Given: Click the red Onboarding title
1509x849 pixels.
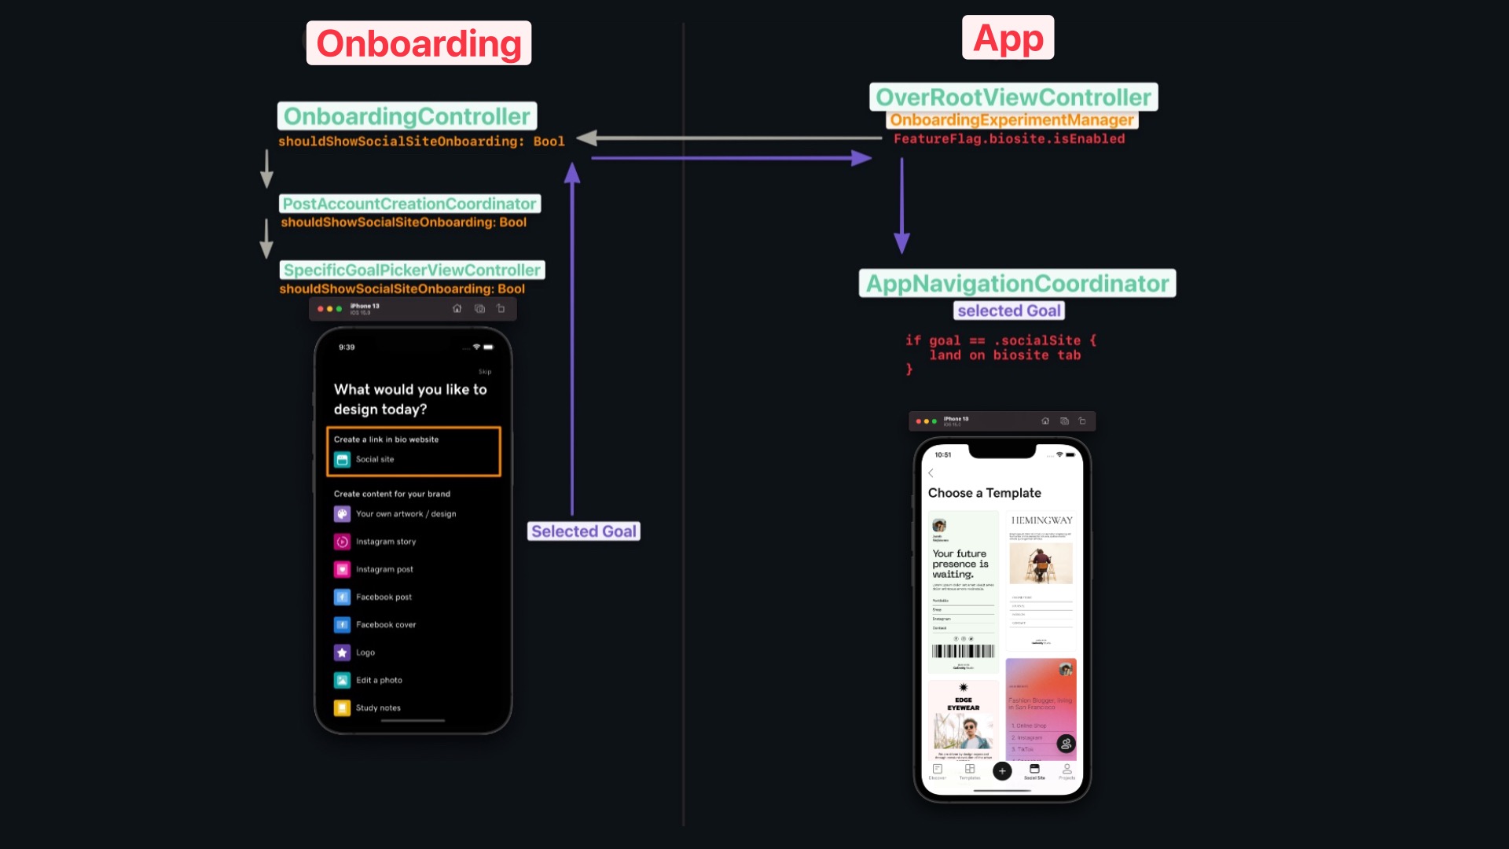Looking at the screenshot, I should point(418,43).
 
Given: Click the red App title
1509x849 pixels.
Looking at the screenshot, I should point(1008,38).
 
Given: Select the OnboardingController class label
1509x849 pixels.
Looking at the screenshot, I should point(406,116).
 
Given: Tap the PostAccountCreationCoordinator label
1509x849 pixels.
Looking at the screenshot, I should point(409,204).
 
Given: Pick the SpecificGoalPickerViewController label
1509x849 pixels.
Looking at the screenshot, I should point(412,270).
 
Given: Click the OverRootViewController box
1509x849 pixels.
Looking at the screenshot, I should point(1013,97).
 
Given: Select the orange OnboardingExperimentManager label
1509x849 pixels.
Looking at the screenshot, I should point(1012,119).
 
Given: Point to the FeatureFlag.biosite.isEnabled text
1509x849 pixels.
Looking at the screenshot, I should point(1008,139).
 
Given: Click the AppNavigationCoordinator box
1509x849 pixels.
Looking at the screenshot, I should point(1017,283).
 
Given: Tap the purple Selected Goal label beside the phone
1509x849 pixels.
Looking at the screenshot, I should point(583,531).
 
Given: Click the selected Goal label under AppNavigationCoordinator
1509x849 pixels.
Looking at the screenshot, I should point(1008,311).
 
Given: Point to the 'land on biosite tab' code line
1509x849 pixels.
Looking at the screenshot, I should point(1004,355).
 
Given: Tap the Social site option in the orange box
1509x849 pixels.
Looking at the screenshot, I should point(374,459).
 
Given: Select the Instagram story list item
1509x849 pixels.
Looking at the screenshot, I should point(385,542).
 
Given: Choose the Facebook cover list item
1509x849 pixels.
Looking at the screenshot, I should point(385,625).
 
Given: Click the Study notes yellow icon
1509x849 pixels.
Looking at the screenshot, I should point(342,707).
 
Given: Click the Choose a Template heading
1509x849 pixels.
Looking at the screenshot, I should point(984,493).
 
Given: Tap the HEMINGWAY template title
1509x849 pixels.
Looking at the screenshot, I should point(1041,520).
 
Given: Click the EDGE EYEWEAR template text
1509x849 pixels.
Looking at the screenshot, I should point(963,704).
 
